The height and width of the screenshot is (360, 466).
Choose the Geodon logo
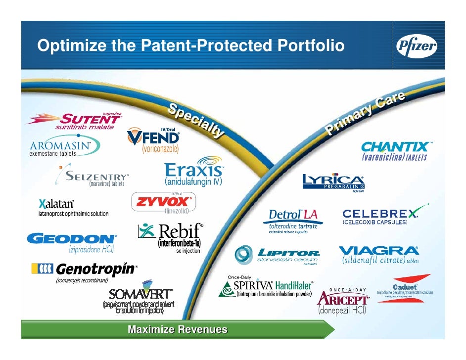72,239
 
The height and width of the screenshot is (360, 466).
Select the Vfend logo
153,136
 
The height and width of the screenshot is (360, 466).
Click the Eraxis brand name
193,170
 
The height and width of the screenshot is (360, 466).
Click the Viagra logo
378,250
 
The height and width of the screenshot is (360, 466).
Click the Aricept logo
343,300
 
